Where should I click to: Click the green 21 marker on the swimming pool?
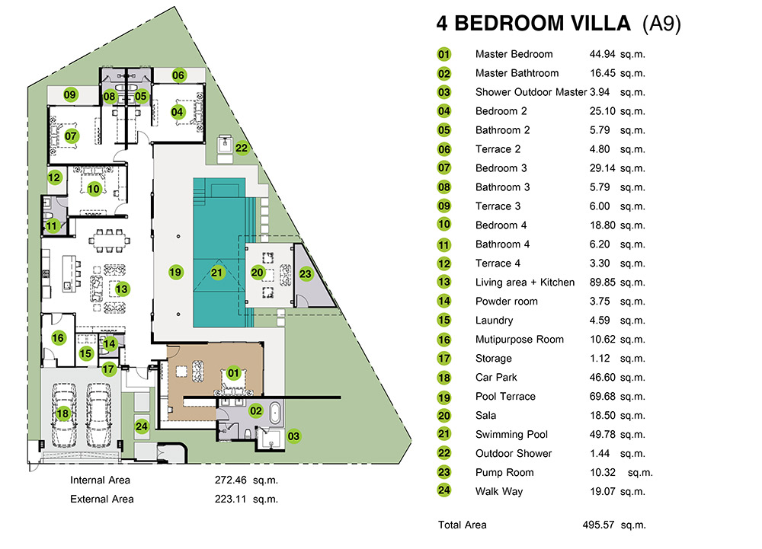coord(216,273)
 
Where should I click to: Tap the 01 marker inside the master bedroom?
coord(233,373)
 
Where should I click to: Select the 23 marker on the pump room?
coord(306,274)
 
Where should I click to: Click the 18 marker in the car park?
coord(62,413)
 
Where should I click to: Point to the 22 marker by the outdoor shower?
coord(242,148)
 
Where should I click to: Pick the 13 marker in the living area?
coord(121,289)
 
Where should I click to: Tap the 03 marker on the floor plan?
coord(293,436)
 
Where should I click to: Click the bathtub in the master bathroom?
coord(274,413)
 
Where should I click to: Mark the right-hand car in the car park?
coord(98,415)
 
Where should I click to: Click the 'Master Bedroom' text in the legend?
coord(514,54)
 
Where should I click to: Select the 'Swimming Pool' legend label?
coord(511,435)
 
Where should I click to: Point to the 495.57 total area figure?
coord(598,525)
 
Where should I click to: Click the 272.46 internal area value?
coord(231,480)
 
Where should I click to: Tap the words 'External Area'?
coord(102,499)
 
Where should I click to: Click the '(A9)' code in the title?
coord(661,24)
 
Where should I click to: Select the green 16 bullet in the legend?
coord(444,340)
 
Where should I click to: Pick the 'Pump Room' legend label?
coord(504,472)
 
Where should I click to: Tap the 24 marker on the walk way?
coord(142,426)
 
